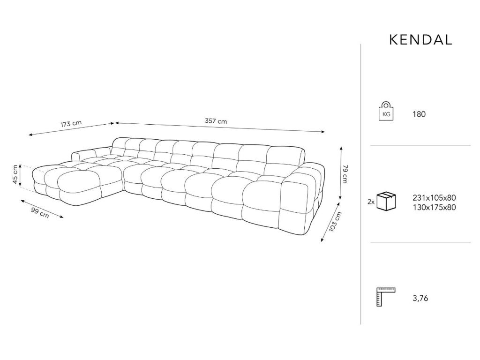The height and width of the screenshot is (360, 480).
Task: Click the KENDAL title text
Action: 420,40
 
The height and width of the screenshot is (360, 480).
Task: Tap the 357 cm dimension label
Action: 216,121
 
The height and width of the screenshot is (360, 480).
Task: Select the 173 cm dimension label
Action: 71,124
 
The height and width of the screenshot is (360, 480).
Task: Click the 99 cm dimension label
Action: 40,212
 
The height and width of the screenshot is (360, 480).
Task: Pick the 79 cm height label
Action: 345,174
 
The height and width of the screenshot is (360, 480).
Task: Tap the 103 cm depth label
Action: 335,222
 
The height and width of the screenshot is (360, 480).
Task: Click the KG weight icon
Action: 386,111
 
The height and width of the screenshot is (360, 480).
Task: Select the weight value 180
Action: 419,114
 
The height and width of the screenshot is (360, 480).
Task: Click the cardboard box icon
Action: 386,201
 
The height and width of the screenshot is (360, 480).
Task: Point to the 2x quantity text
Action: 371,202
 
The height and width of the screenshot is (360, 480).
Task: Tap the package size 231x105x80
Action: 434,198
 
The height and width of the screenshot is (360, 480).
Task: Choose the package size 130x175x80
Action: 434,208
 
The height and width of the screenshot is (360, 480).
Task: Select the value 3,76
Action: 420,298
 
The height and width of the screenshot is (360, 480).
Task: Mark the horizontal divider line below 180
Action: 420,145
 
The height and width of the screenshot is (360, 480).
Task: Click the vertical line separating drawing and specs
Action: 360,184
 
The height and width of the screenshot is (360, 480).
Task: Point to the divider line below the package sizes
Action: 420,242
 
